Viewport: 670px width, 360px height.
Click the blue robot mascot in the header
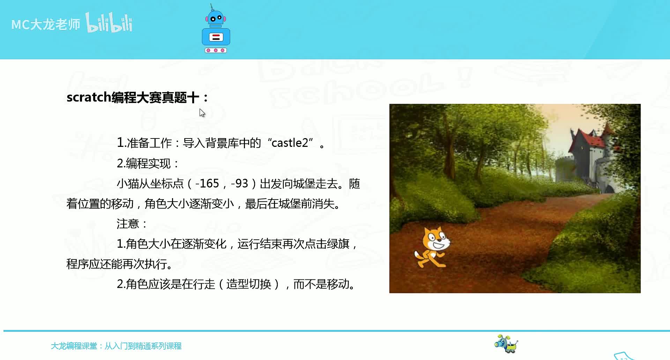coord(216,29)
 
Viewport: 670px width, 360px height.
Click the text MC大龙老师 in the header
coord(46,24)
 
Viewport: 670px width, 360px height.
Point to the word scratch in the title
coord(89,97)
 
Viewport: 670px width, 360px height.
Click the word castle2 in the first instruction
coord(290,143)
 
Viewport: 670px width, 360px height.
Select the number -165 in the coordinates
coord(207,183)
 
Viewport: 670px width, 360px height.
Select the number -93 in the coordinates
coord(239,183)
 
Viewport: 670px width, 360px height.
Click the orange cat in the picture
coord(432,247)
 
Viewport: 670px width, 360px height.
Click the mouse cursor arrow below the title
coord(202,112)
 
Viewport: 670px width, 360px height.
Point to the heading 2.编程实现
coord(148,163)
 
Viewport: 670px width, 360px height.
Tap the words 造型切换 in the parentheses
coord(248,284)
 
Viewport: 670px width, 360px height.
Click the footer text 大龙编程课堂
coord(74,346)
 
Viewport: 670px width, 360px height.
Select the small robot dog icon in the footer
coord(506,344)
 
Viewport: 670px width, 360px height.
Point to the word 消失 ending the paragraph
coord(323,204)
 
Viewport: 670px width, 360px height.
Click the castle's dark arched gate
coord(609,189)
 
